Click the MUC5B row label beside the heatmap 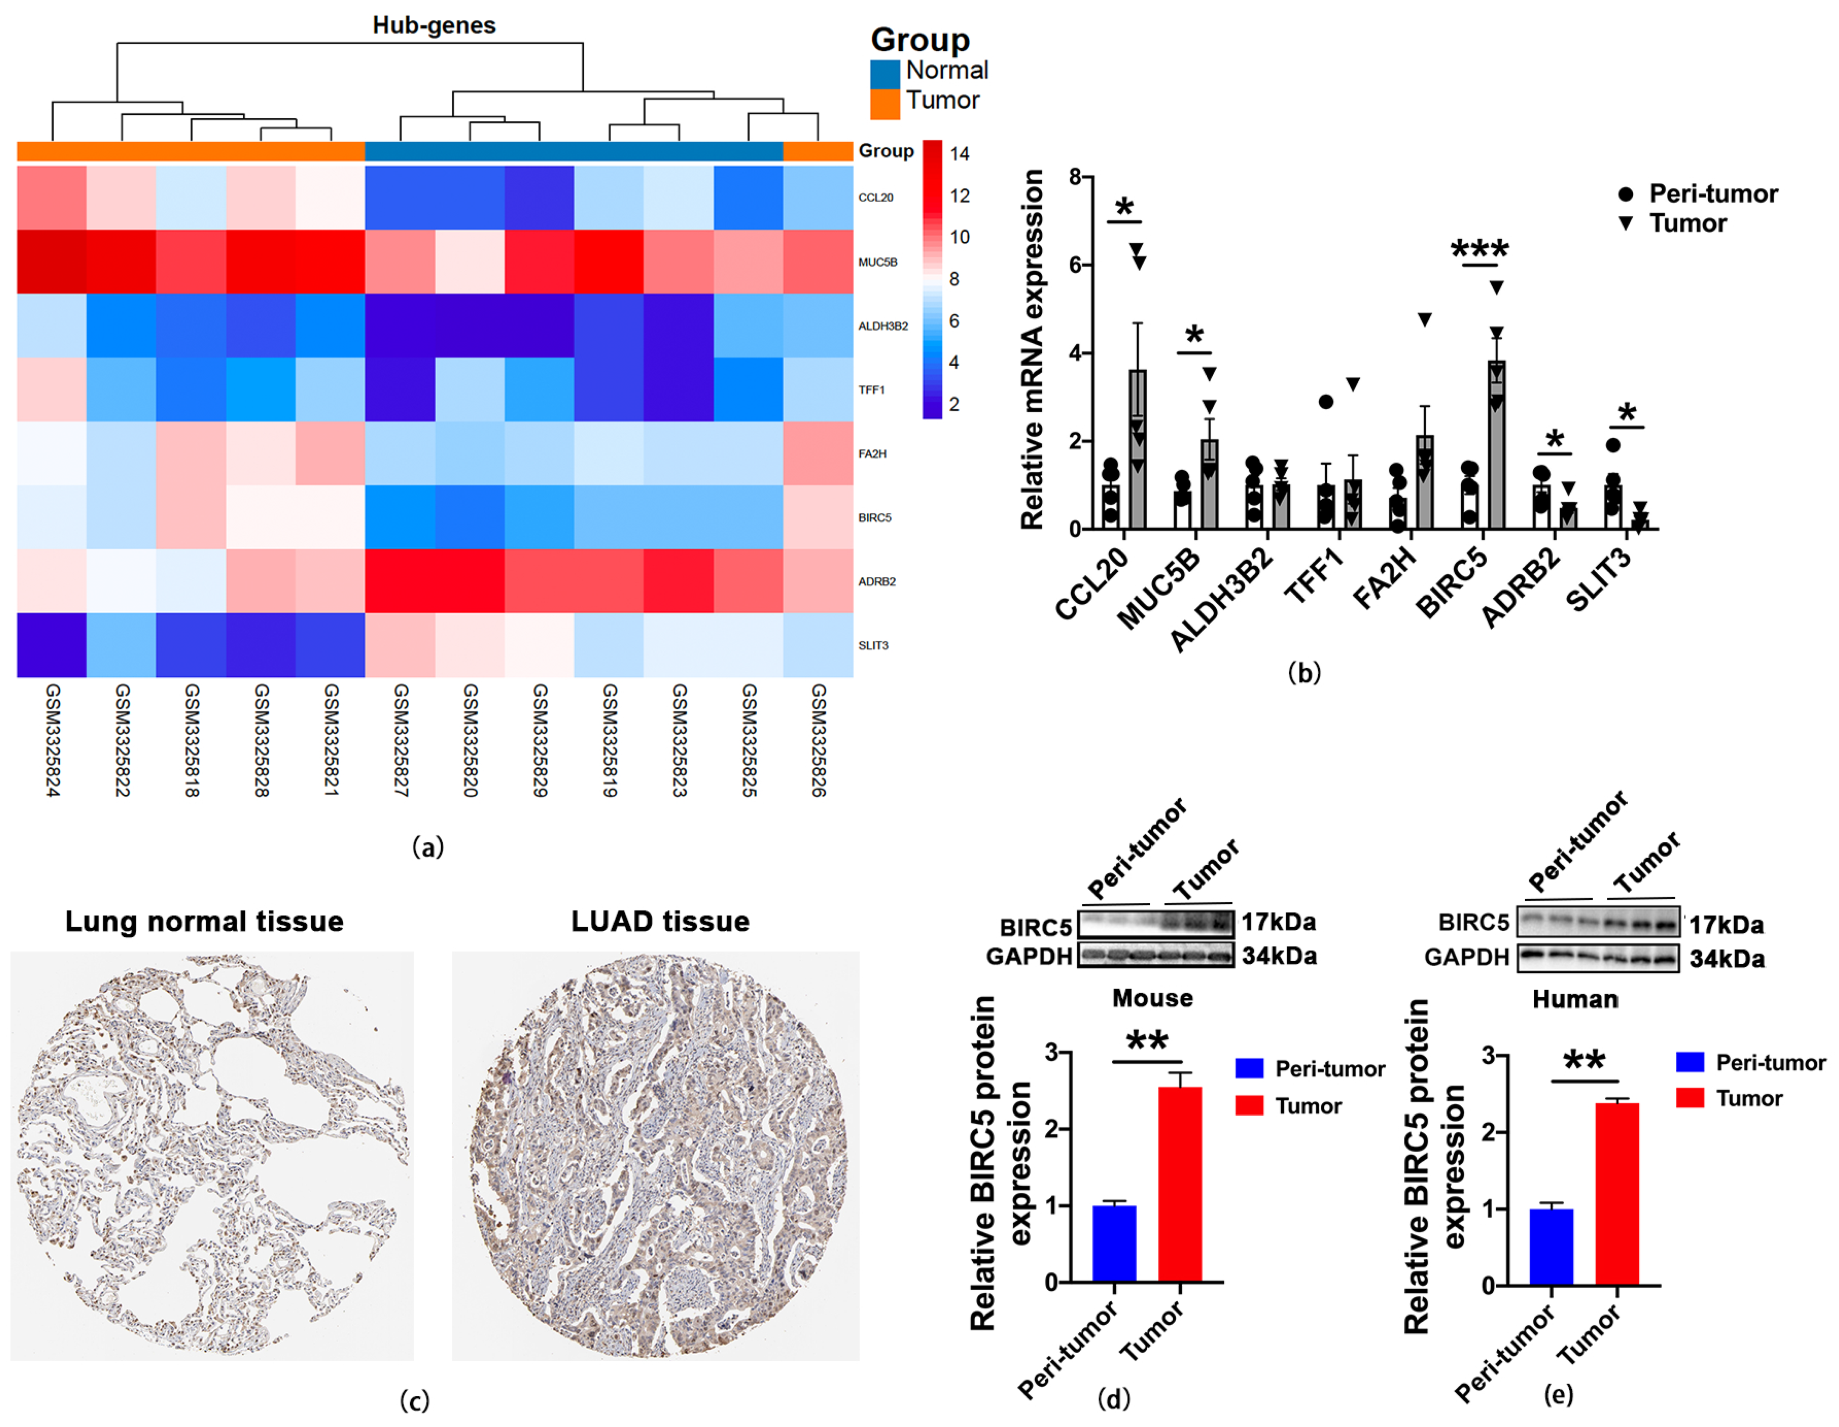[877, 262]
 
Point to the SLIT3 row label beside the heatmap [873, 645]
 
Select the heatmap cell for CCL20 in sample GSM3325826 [818, 197]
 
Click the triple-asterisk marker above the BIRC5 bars [1480, 250]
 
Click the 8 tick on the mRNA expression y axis [1074, 177]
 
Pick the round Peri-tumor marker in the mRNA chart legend [1626, 195]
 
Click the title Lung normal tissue [205, 921]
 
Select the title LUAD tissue [660, 921]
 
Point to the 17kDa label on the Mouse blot [1278, 922]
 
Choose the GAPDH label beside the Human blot [1466, 957]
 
